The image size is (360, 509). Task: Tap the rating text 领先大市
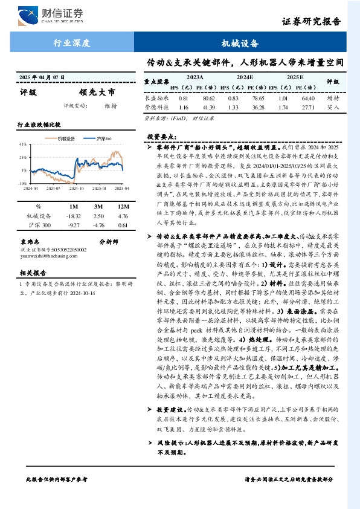[x=96, y=92]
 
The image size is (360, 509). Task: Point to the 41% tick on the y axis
[x=22, y=144]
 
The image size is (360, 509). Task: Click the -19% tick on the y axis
[x=22, y=183]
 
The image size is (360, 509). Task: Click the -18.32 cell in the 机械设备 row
[x=72, y=216]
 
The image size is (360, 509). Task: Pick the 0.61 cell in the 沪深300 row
[x=123, y=225]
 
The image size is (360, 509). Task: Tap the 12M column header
[x=123, y=206]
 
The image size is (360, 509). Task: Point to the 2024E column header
[x=245, y=77]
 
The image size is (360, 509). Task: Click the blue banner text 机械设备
[x=240, y=44]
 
